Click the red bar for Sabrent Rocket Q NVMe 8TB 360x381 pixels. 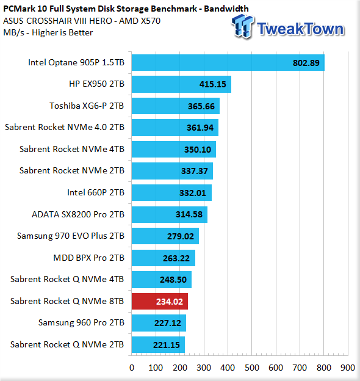pyautogui.click(x=160, y=301)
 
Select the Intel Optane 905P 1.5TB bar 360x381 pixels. pyautogui.click(x=228, y=62)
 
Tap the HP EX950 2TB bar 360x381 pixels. pyautogui.click(x=181, y=84)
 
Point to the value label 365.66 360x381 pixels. pyautogui.click(x=201, y=106)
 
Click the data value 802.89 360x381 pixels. pyautogui.click(x=306, y=63)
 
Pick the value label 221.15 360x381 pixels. pyautogui.click(x=167, y=345)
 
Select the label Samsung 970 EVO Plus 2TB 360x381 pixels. pyautogui.click(x=71, y=236)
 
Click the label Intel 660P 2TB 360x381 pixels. pyautogui.click(x=96, y=192)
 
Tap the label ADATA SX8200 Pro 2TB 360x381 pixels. pyautogui.click(x=78, y=214)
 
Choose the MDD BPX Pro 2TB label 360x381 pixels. pyautogui.click(x=88, y=258)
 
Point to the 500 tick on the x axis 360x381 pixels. pyautogui.click(x=252, y=368)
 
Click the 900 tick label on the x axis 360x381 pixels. pyautogui.click(x=348, y=368)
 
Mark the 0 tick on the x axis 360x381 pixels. pyautogui.click(x=132, y=368)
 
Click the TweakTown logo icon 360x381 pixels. pyautogui.click(x=242, y=26)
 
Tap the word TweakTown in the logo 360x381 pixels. pyautogui.click(x=301, y=29)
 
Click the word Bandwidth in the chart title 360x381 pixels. pyautogui.click(x=226, y=9)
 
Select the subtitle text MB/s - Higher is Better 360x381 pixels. pyautogui.click(x=48, y=32)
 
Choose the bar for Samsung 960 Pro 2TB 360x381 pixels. pyautogui.click(x=159, y=323)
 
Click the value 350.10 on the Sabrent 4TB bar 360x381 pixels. pyautogui.click(x=198, y=150)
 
